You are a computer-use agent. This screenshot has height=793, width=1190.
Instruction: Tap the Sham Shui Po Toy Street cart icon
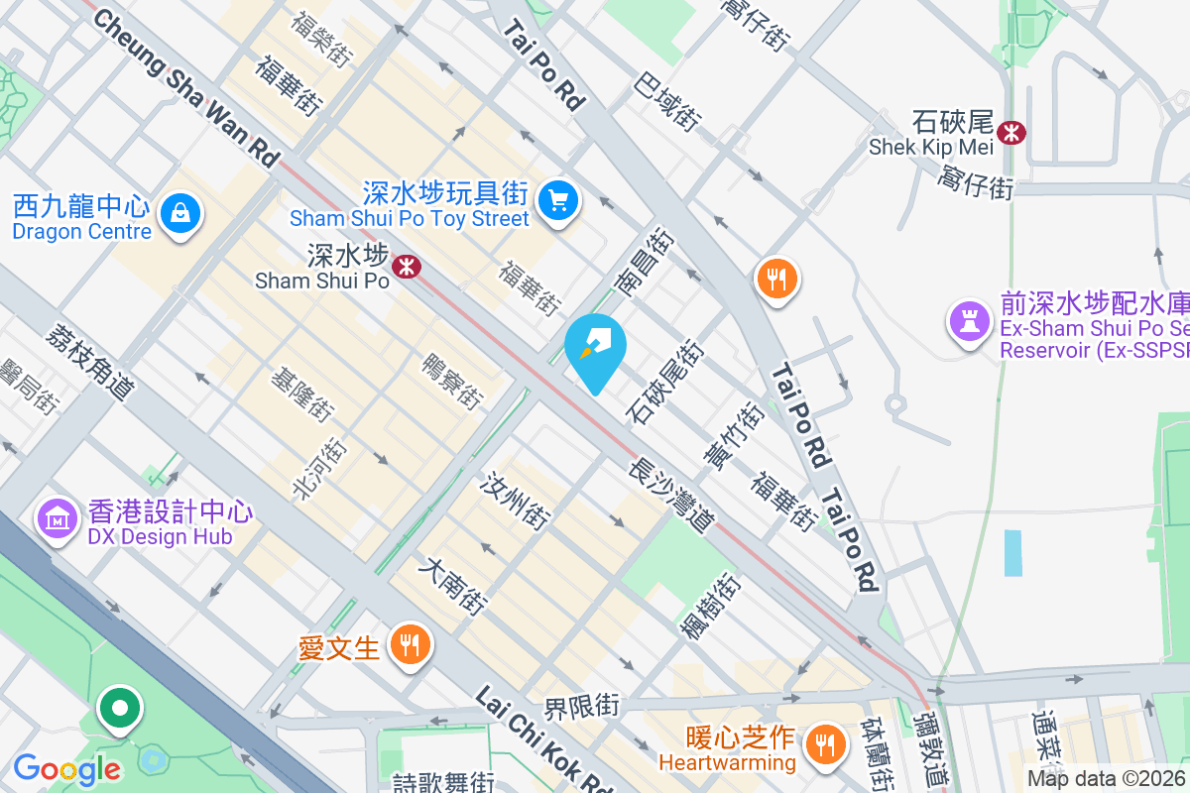pyautogui.click(x=558, y=201)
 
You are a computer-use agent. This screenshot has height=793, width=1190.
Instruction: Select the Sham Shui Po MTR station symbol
pyautogui.click(x=405, y=266)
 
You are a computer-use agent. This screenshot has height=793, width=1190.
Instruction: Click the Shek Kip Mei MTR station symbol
pyautogui.click(x=1011, y=132)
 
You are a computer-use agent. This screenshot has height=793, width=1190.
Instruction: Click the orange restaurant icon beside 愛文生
pyautogui.click(x=408, y=646)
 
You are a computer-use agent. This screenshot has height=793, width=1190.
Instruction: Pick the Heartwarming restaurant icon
pyautogui.click(x=823, y=740)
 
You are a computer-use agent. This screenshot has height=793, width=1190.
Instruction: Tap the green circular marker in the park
pyautogui.click(x=120, y=710)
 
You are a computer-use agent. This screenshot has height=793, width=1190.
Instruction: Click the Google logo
pyautogui.click(x=66, y=768)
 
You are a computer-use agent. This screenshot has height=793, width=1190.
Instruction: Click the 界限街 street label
pyautogui.click(x=581, y=707)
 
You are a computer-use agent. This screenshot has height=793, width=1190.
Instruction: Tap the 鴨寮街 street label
pyautogui.click(x=453, y=382)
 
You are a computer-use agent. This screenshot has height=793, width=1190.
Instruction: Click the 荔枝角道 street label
pyautogui.click(x=89, y=364)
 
